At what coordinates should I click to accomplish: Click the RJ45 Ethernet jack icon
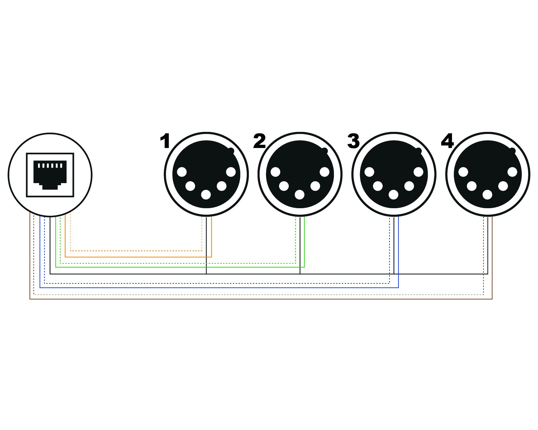(50, 175)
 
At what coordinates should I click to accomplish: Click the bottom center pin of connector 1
(206, 195)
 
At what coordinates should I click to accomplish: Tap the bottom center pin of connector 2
(299, 195)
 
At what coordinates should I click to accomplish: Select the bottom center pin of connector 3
(393, 195)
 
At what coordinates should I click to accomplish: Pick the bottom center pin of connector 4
(487, 195)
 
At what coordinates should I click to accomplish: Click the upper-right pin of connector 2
(324, 172)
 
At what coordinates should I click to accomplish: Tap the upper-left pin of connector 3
(369, 172)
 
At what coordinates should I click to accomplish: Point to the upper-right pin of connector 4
(512, 172)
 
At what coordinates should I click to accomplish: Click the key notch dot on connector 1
(231, 150)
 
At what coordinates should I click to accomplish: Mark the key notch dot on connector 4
(513, 150)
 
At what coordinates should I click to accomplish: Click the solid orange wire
(136, 257)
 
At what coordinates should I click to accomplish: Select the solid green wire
(179, 267)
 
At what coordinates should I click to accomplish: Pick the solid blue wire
(215, 287)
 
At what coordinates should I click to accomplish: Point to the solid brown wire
(251, 299)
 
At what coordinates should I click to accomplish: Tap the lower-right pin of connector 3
(409, 186)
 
